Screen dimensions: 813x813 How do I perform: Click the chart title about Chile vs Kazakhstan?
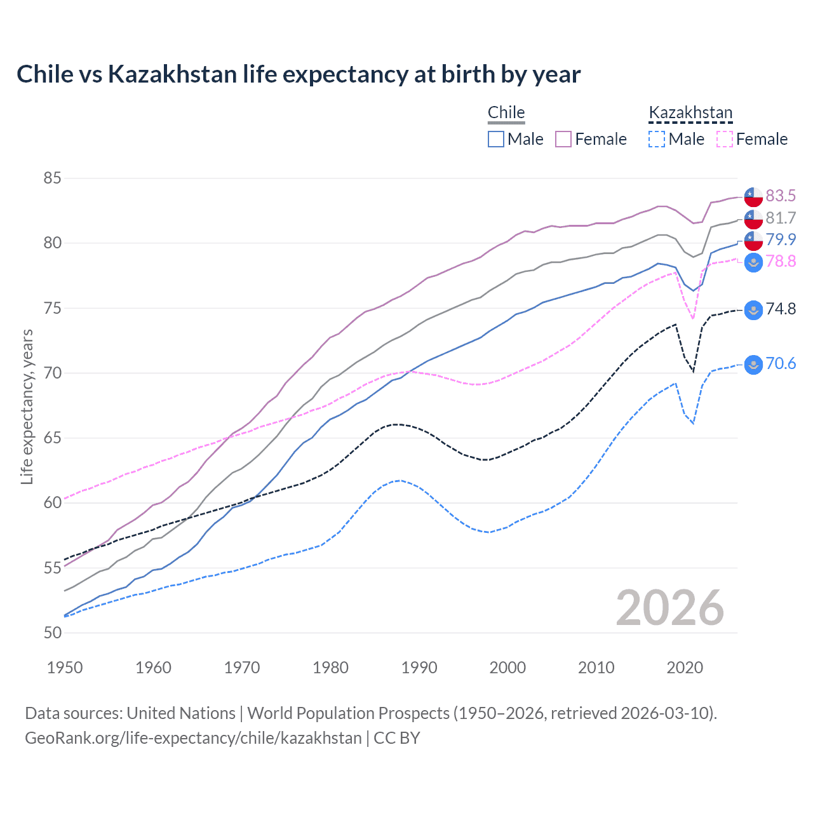(299, 74)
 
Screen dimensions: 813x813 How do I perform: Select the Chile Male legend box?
(496, 139)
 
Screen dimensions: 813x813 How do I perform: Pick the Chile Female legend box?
(564, 139)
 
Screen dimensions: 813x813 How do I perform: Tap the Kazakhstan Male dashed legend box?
(657, 139)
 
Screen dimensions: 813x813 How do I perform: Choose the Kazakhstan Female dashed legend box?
(725, 139)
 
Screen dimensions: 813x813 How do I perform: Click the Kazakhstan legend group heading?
(690, 113)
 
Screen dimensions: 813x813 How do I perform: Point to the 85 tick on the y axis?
(52, 178)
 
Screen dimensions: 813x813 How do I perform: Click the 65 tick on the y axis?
(52, 438)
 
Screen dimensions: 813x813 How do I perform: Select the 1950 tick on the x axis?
(65, 668)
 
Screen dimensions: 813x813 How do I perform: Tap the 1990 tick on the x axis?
(419, 668)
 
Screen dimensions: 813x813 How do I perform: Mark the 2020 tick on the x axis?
(685, 668)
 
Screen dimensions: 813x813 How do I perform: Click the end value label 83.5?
(781, 196)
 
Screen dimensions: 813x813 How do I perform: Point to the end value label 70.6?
(781, 364)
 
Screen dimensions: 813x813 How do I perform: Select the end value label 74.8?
(781, 309)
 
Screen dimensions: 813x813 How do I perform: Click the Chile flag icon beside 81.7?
(753, 218)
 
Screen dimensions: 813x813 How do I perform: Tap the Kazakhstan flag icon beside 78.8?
(753, 262)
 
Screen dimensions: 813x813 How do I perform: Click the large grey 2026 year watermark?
(669, 608)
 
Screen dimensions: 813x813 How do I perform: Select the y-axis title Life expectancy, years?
(27, 406)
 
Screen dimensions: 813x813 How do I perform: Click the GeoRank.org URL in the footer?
(193, 738)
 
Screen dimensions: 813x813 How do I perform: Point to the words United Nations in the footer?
(181, 713)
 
